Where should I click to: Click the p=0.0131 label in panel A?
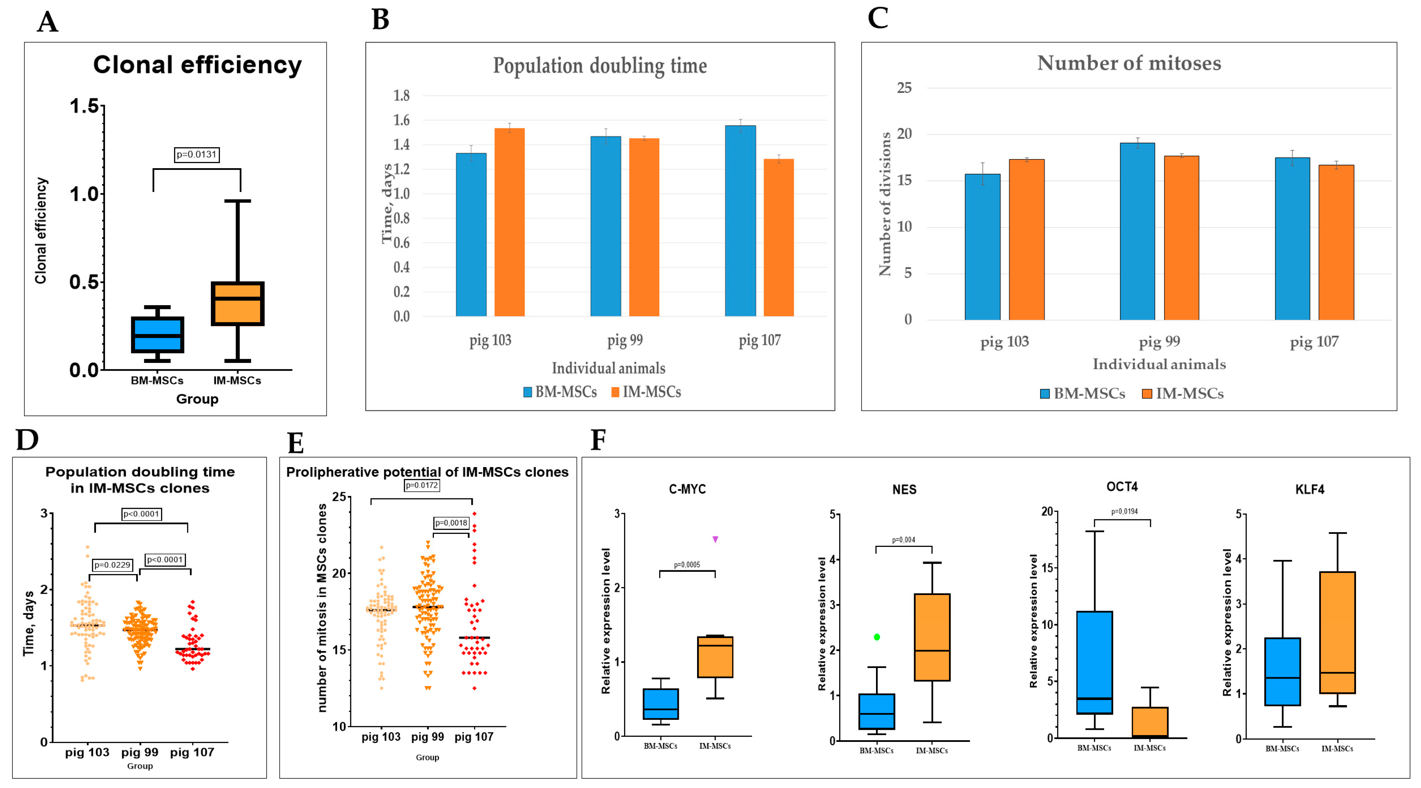pyautogui.click(x=196, y=154)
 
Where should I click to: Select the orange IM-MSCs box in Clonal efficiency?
pyautogui.click(x=238, y=304)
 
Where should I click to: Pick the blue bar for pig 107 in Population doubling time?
pyautogui.click(x=740, y=220)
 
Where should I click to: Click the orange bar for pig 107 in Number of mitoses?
pyautogui.click(x=1336, y=242)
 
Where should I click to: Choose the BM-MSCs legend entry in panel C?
pyautogui.click(x=1082, y=394)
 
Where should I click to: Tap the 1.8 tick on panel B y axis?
pyautogui.click(x=402, y=95)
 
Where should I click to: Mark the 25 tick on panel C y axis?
pyautogui.click(x=904, y=88)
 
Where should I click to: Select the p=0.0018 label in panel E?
pyautogui.click(x=451, y=523)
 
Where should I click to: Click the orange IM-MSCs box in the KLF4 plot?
pyautogui.click(x=1337, y=633)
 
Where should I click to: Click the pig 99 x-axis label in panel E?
pyautogui.click(x=428, y=737)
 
